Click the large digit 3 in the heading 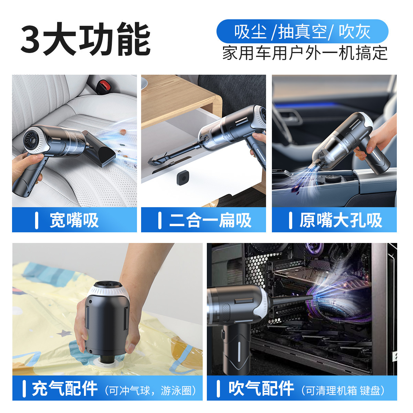(x=30, y=39)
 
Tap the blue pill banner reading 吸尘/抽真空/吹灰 (x=302, y=31)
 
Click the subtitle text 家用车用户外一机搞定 (x=305, y=53)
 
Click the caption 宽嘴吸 (x=74, y=220)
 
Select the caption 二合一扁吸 (x=210, y=220)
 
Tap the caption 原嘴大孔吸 (x=341, y=220)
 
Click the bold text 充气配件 (x=65, y=389)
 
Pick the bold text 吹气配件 (x=261, y=389)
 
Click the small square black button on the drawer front (x=183, y=178)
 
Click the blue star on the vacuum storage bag (x=64, y=333)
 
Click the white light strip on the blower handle (x=239, y=354)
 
